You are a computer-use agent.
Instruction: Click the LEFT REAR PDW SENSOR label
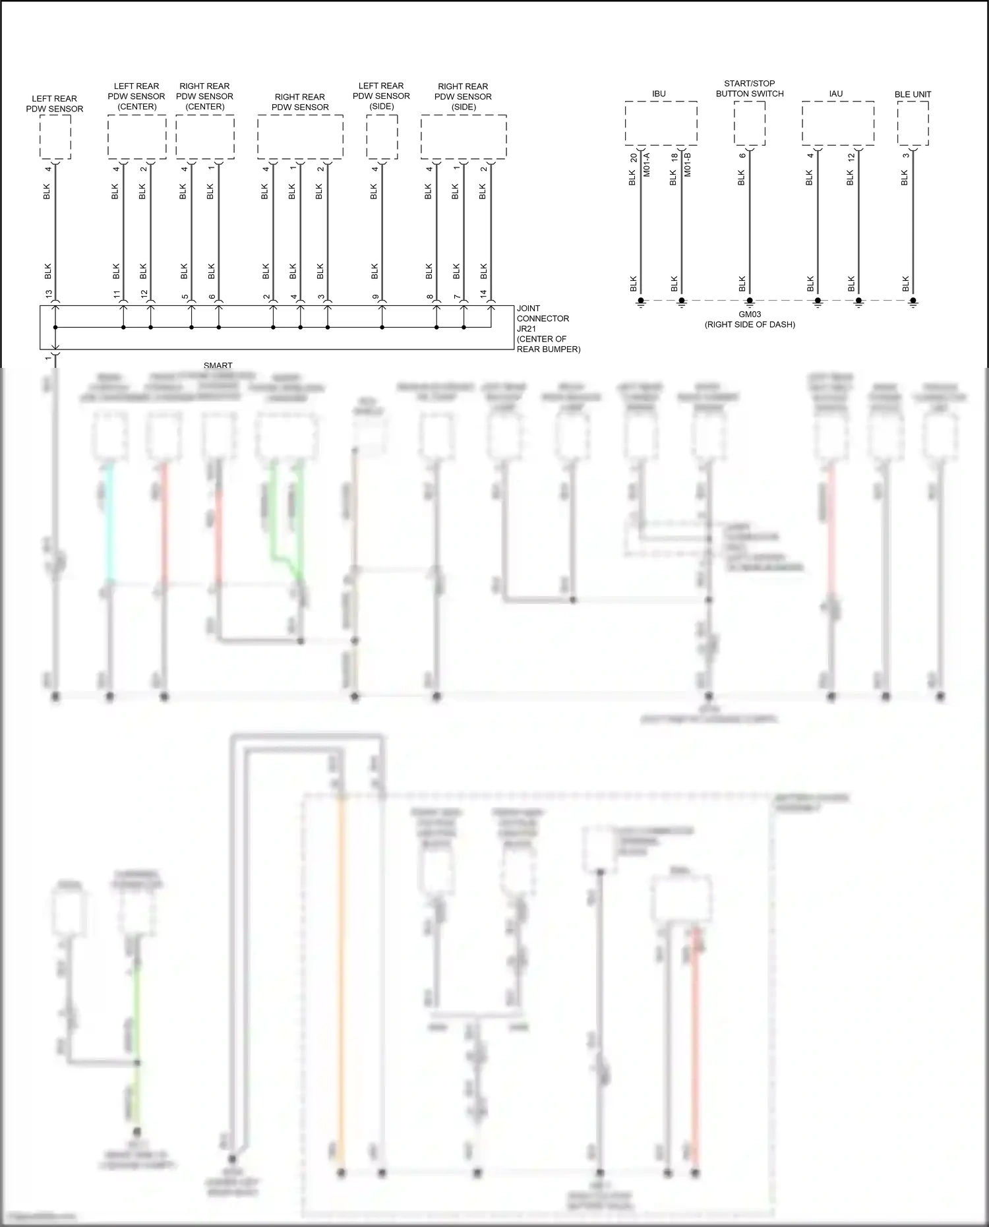click(55, 104)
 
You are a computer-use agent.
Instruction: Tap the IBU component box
click(661, 123)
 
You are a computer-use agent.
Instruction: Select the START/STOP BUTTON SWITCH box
click(750, 123)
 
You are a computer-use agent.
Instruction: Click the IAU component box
click(838, 123)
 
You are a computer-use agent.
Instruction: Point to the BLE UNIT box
click(913, 123)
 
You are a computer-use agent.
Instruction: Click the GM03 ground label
click(750, 314)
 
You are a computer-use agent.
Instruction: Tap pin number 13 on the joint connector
click(49, 294)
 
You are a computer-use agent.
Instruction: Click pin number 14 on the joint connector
click(484, 294)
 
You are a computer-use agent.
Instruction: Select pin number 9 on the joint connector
click(376, 296)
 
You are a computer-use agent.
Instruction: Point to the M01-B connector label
click(688, 165)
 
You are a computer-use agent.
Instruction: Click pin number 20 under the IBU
click(634, 158)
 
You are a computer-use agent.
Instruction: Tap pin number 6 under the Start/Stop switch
click(742, 156)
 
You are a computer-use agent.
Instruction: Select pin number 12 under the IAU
click(851, 158)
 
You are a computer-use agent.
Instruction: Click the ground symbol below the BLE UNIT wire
click(913, 303)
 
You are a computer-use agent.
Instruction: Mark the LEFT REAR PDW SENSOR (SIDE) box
click(382, 136)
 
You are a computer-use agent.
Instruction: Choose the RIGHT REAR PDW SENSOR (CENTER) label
click(204, 96)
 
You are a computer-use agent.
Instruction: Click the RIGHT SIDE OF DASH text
click(750, 324)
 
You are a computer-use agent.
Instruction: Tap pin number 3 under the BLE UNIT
click(906, 156)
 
